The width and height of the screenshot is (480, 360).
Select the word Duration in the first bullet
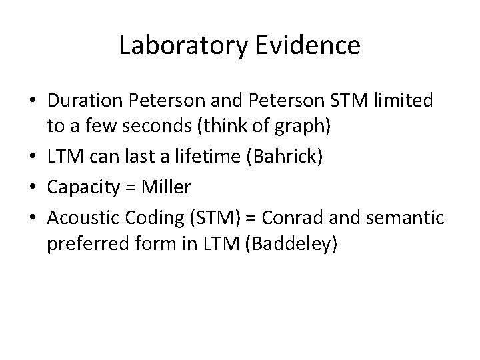point(89,101)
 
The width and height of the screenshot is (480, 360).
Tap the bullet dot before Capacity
point(33,189)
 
